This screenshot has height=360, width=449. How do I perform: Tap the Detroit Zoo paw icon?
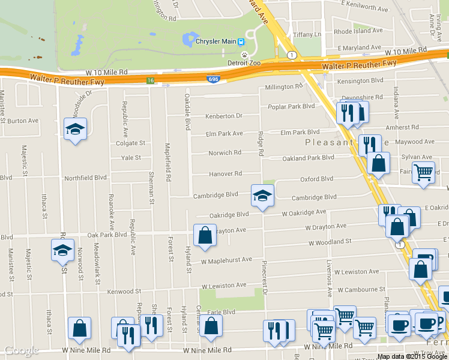(245, 53)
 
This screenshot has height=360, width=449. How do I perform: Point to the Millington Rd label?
(284, 87)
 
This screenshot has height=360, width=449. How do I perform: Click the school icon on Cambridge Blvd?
(262, 196)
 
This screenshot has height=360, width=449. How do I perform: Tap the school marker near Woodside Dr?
(76, 128)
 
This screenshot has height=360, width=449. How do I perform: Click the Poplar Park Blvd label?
(291, 106)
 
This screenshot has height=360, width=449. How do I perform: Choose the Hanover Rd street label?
(225, 173)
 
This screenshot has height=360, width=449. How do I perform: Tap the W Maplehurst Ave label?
(226, 260)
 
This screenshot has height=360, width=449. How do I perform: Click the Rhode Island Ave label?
(358, 31)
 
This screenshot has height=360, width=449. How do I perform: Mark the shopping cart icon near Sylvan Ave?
(424, 173)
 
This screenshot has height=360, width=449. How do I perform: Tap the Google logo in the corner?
(21, 351)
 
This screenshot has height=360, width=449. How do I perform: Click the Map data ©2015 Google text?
(411, 356)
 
